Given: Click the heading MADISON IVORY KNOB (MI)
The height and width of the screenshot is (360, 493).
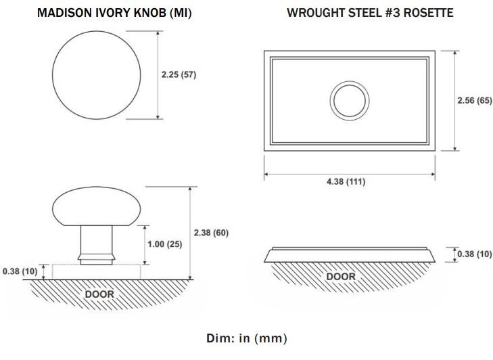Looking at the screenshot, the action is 114,13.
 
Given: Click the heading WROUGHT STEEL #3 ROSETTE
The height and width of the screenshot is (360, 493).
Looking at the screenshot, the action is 370,13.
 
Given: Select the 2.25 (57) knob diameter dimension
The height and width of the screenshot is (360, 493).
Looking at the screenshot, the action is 179,75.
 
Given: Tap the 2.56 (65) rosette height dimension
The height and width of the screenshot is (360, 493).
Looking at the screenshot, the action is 475,100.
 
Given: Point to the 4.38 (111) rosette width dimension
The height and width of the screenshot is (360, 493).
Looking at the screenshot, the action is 346,181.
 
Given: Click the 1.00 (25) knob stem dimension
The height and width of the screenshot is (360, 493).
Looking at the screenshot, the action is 165,244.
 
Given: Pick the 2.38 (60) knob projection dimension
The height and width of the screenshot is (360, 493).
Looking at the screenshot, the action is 211,233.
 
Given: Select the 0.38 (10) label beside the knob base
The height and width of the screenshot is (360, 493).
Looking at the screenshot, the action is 20,271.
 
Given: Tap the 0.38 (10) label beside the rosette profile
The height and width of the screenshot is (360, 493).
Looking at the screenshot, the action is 475,254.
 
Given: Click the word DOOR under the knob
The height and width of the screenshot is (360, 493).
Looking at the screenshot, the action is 99,294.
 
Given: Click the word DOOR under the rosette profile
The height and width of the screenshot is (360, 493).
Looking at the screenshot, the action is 341,277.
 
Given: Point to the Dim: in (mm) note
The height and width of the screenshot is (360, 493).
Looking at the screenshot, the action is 246,338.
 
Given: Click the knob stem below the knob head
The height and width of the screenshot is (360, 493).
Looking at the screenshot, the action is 96,240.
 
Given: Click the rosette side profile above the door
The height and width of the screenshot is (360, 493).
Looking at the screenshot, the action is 350,255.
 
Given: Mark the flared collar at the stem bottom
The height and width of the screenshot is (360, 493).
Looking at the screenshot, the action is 96,260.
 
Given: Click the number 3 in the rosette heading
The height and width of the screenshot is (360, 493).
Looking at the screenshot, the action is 396,13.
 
